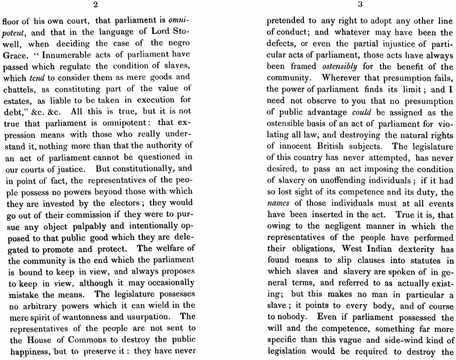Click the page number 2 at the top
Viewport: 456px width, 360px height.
coord(95,6)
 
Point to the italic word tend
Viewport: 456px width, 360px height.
coord(37,78)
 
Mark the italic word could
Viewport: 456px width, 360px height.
coord(362,112)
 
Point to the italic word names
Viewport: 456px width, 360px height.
coord(279,203)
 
